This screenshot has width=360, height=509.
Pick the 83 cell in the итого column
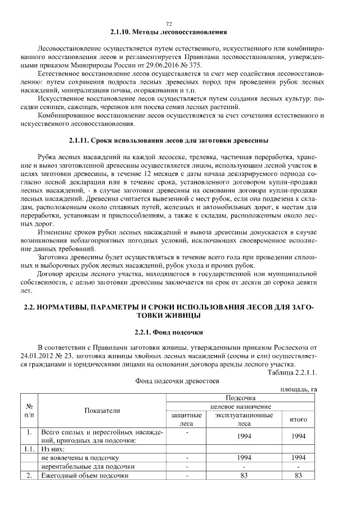(298, 475)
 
